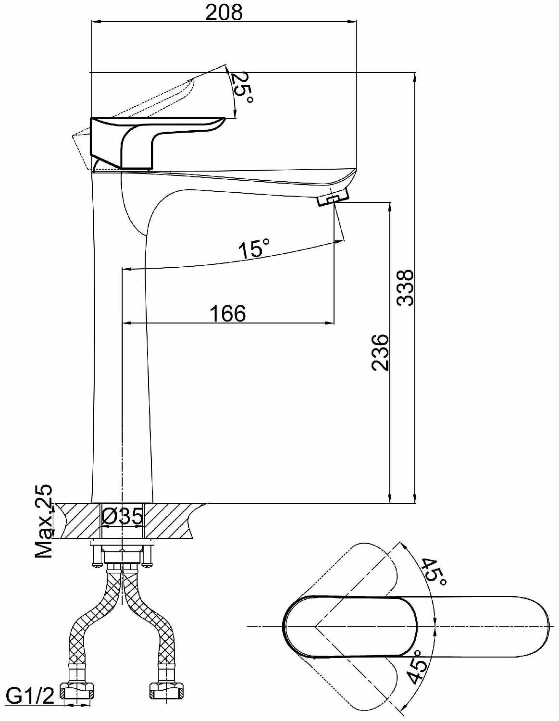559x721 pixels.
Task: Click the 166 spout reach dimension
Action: point(227,313)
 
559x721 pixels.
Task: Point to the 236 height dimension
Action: point(380,352)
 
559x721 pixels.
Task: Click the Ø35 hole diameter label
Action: point(123,517)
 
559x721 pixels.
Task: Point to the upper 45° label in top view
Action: point(435,571)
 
